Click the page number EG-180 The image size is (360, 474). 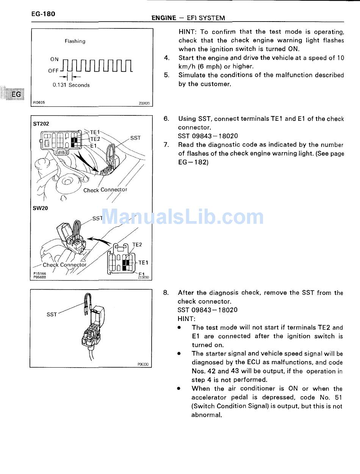[x=43, y=14]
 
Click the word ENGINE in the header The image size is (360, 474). [x=164, y=18]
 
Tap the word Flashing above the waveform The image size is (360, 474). [x=75, y=41]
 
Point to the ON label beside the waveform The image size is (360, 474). [x=55, y=59]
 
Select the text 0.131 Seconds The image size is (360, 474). [x=71, y=85]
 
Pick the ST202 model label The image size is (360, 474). [x=41, y=123]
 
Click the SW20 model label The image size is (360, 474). [x=41, y=208]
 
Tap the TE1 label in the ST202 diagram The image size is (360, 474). [x=95, y=132]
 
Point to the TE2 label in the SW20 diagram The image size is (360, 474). [x=137, y=245]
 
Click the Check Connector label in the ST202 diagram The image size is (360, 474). [x=105, y=190]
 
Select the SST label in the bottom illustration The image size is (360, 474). [x=52, y=314]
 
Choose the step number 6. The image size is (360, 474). [x=166, y=118]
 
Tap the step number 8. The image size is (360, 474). [x=166, y=293]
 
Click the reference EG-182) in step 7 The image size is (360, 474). [x=193, y=162]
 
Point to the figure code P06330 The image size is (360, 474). [x=143, y=365]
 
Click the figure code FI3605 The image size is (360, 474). [x=39, y=102]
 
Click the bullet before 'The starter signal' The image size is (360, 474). [x=179, y=354]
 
